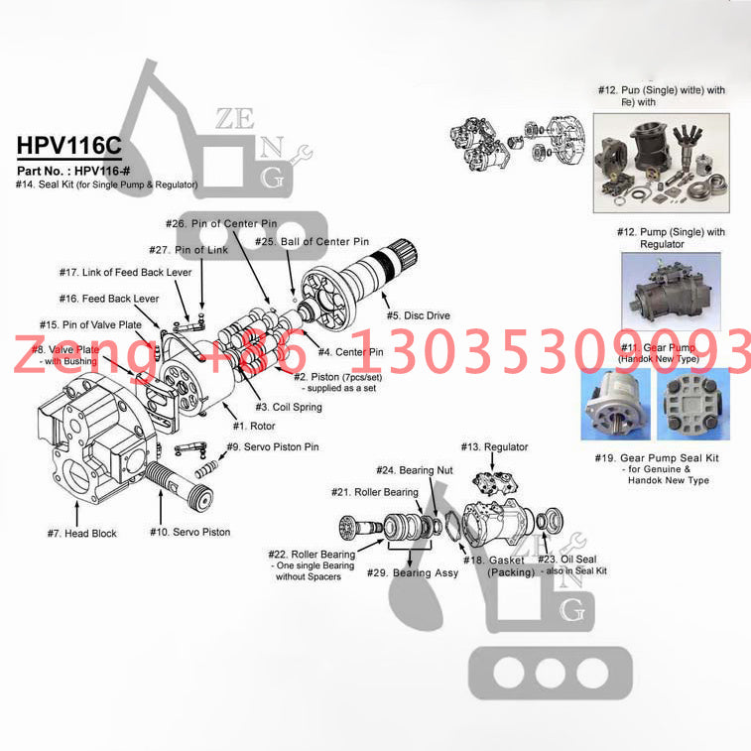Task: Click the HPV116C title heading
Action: coord(68,145)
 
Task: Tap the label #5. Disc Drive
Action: coord(417,315)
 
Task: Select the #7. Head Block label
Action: coord(81,533)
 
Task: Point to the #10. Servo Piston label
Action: coord(189,532)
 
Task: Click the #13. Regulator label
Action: coord(493,447)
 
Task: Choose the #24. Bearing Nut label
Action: coord(414,469)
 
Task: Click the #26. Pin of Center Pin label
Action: coord(221,224)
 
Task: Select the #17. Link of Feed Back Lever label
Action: coord(123,272)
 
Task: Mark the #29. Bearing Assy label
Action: coord(412,573)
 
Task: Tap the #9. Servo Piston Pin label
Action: coord(273,447)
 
